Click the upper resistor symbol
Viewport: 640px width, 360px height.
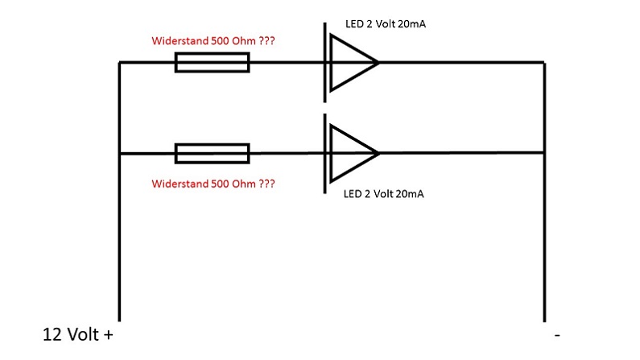coord(212,62)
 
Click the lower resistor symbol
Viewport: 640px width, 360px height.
coord(212,153)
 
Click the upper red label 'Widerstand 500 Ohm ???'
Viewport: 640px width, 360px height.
coord(213,40)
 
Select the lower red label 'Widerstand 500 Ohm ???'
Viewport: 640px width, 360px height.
coord(213,184)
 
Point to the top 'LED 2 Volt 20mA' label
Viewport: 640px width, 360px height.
coord(380,24)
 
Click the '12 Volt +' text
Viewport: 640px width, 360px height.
coord(77,334)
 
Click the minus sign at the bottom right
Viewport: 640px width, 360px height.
coord(556,334)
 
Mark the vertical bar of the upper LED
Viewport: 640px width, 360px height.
coord(325,62)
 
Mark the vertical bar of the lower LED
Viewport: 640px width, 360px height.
coord(325,153)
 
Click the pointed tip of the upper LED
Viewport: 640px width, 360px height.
coord(377,62)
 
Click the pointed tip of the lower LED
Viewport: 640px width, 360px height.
coord(377,153)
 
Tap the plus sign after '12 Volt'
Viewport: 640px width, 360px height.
coord(108,334)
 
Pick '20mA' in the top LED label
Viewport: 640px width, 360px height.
coord(411,24)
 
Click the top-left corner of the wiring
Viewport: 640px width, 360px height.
coord(119,62)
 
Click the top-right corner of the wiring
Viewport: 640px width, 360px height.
coord(545,62)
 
